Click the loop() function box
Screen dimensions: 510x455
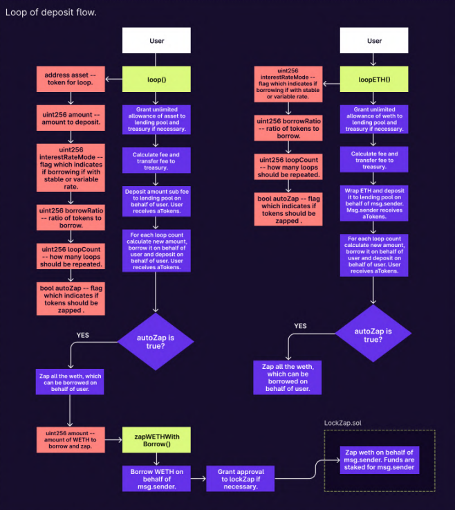(157, 80)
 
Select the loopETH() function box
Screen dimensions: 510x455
(374, 80)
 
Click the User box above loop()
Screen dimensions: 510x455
(157, 41)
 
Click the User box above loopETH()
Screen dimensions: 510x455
(374, 41)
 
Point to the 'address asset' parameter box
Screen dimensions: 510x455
(70, 80)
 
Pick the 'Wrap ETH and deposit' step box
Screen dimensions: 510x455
(374, 201)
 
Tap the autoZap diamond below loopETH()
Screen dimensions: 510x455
(373, 336)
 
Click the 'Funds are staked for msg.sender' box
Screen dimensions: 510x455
(380, 461)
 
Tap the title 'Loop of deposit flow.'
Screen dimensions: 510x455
(51, 12)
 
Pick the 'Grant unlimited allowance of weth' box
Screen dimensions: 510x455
(374, 119)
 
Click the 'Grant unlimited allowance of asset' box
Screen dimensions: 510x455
(157, 119)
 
